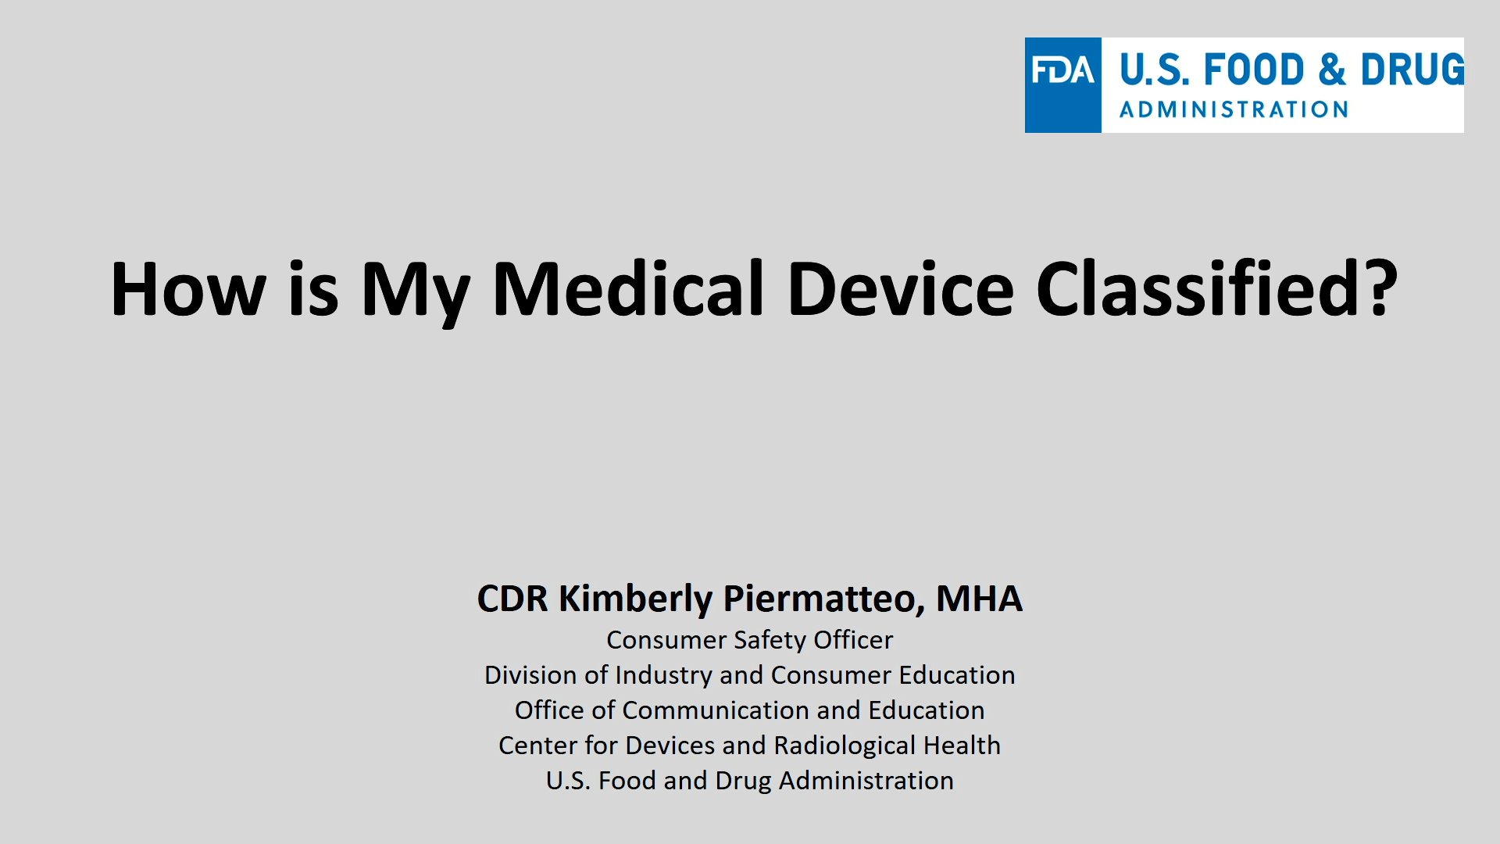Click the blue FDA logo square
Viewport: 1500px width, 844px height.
tap(1062, 85)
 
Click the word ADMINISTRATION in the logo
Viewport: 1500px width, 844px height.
tap(1234, 109)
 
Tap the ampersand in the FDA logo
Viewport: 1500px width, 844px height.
tap(1332, 70)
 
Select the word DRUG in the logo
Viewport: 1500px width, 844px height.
tap(1412, 70)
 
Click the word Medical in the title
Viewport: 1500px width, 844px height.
tap(628, 288)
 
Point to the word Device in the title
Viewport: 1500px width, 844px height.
tap(901, 288)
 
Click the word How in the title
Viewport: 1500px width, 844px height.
tap(188, 289)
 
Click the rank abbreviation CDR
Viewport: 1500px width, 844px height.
tap(512, 599)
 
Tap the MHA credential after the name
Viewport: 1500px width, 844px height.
tap(979, 599)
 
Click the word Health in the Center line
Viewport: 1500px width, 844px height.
tap(962, 746)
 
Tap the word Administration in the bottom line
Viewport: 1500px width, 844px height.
tap(866, 781)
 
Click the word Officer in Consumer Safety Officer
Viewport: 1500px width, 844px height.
tap(853, 640)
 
